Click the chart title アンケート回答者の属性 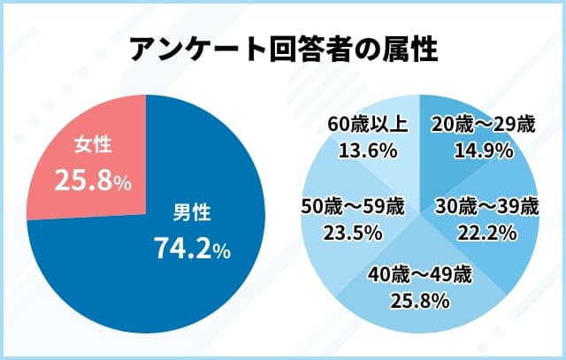point(283,50)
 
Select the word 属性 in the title point(411,50)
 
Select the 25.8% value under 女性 point(93,181)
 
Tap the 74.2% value point(192,249)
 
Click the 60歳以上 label point(365,126)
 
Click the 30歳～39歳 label point(486,208)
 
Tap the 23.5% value point(353,233)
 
